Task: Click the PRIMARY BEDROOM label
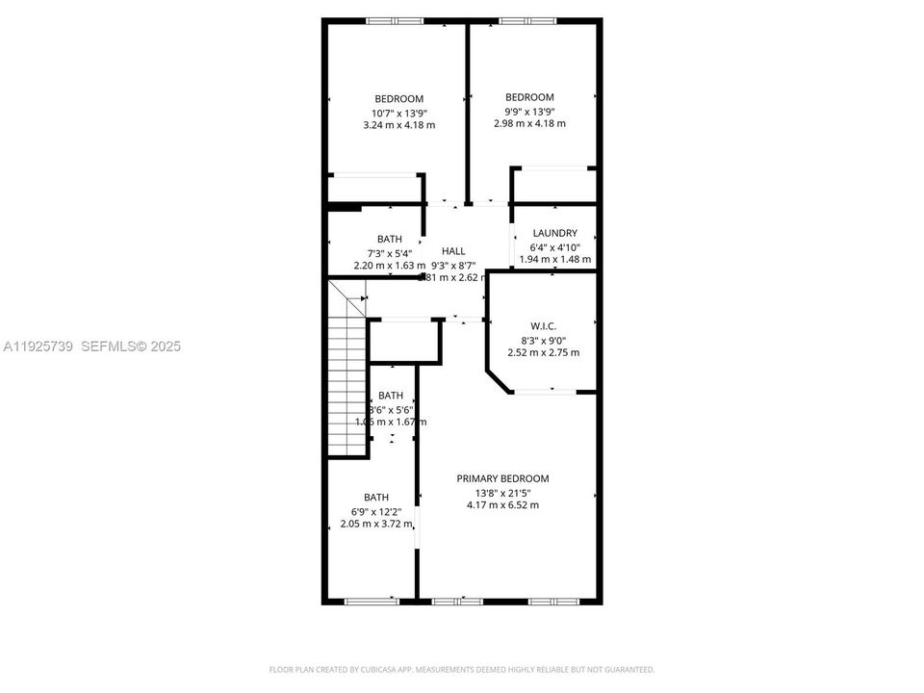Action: click(502, 478)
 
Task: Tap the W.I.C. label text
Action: click(543, 326)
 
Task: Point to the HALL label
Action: click(453, 250)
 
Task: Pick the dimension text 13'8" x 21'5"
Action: click(502, 492)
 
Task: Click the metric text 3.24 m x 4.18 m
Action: click(398, 125)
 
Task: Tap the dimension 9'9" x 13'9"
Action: click(529, 111)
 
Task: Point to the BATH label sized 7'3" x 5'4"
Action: click(390, 239)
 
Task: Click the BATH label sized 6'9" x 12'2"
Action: click(376, 497)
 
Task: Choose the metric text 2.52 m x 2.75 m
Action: click(543, 352)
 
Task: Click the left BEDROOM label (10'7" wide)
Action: click(398, 98)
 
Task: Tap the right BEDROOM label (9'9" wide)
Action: click(529, 97)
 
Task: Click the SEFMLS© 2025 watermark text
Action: click(130, 346)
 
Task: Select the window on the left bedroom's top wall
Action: click(394, 21)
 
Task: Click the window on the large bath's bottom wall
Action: click(372, 602)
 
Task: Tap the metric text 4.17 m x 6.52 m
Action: click(502, 505)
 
